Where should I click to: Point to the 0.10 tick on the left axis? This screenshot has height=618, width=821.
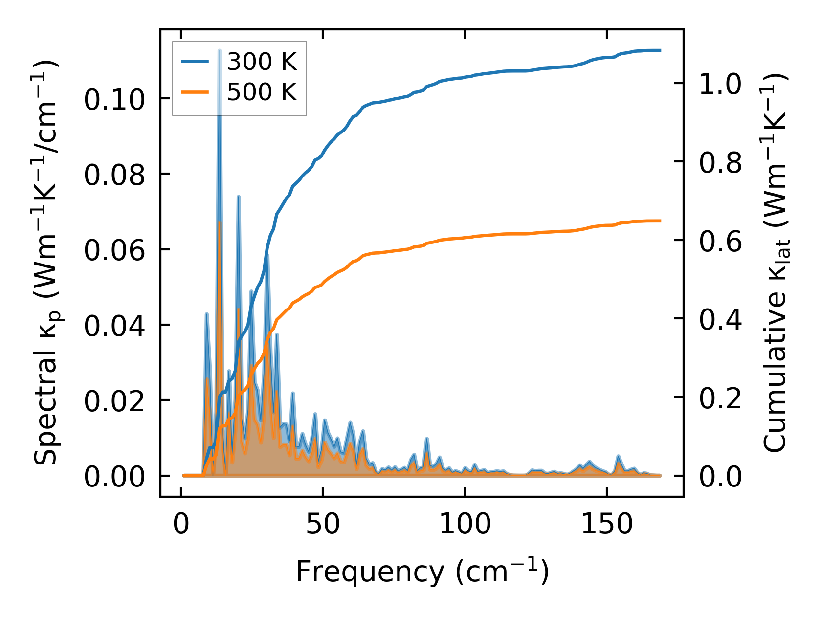tap(114, 100)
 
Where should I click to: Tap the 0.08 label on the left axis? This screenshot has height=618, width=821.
tap(114, 175)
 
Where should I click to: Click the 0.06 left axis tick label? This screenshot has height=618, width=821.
tap(114, 250)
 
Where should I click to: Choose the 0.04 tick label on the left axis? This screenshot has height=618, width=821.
tap(114, 326)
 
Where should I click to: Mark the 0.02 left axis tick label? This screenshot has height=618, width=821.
tap(114, 401)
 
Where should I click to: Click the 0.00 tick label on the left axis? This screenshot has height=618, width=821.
tap(114, 477)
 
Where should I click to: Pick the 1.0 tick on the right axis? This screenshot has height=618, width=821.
tap(720, 84)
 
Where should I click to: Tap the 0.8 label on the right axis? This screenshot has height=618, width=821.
tap(720, 162)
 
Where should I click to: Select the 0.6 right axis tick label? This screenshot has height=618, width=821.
tap(720, 241)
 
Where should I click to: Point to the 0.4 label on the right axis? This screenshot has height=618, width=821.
tap(720, 320)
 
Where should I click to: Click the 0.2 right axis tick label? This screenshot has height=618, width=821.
tap(720, 398)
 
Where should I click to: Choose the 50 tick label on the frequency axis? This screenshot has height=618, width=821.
tap(323, 525)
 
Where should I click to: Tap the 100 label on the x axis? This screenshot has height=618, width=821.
tap(465, 525)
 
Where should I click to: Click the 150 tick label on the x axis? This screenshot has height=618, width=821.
tap(606, 525)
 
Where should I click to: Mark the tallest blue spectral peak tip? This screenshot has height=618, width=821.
tap(220, 50)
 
